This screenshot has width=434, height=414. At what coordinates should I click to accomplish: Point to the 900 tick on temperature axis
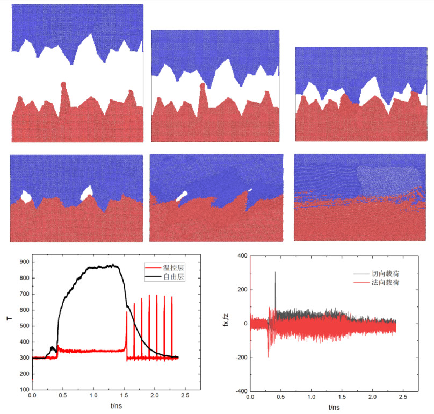point(23,262)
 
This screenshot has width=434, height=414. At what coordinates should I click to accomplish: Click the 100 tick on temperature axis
point(23,389)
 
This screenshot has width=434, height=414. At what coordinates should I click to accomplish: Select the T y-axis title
point(9,319)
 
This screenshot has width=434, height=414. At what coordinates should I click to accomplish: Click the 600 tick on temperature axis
point(23,310)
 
